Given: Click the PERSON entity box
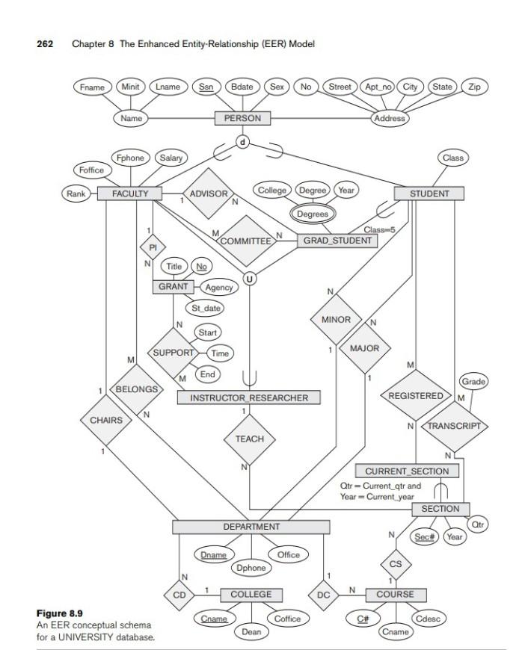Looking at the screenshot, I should (x=242, y=118).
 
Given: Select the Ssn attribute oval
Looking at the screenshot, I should (x=204, y=87).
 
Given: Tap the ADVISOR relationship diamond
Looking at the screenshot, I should (x=209, y=194).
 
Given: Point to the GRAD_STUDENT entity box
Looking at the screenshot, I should (x=337, y=241).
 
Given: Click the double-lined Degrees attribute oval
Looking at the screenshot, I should (x=313, y=214).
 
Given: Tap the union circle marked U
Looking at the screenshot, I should (x=250, y=279).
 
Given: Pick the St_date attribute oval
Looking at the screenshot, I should (x=204, y=308).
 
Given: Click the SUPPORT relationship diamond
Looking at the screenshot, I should (x=174, y=352).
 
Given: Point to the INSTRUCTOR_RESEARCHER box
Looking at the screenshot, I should (x=249, y=398).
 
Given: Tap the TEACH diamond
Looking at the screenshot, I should (x=250, y=439).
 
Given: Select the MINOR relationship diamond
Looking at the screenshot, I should (x=336, y=320).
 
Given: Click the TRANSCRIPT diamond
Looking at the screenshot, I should (x=455, y=426).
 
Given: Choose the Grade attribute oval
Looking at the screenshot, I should (x=474, y=382).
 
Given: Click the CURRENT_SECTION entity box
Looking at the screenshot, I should (x=407, y=471).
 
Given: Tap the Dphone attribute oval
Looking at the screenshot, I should (x=251, y=568).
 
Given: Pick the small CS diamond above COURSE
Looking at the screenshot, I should (x=396, y=564).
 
